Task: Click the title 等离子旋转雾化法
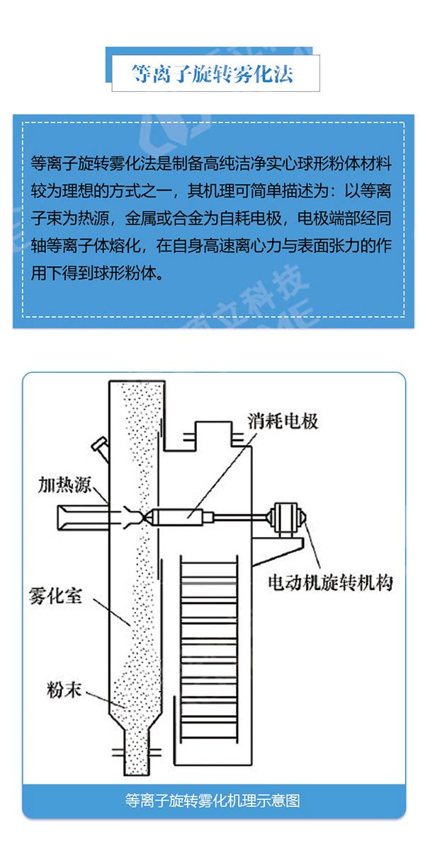[x=212, y=74]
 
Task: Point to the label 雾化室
[x=57, y=595]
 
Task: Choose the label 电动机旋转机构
[x=329, y=583]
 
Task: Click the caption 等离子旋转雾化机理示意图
[x=212, y=801]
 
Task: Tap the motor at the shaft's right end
[x=288, y=516]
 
